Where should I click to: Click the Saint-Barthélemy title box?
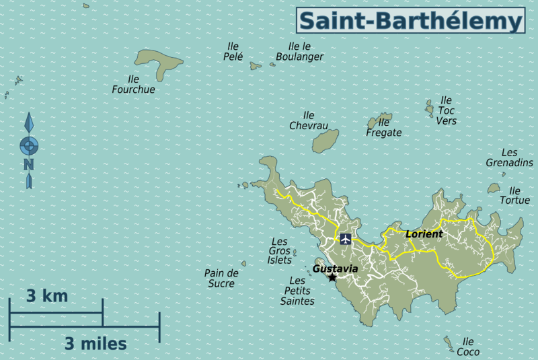click(410, 20)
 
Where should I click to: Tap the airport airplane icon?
click(346, 238)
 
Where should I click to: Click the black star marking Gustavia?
click(332, 277)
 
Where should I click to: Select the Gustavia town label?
click(336, 268)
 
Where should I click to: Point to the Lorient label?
click(424, 234)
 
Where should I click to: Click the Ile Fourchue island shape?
click(159, 65)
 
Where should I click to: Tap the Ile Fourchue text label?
click(133, 84)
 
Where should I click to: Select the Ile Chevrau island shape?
click(325, 141)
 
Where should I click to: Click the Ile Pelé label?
click(233, 52)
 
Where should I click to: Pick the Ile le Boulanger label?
click(299, 52)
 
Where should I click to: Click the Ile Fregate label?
click(384, 127)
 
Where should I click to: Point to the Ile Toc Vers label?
click(446, 110)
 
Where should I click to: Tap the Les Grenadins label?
click(509, 158)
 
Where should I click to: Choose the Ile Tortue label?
click(514, 195)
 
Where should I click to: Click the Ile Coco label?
click(468, 347)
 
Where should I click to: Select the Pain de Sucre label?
click(221, 278)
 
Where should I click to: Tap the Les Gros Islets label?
click(280, 250)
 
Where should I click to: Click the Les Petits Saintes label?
click(297, 291)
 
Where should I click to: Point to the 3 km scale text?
click(47, 295)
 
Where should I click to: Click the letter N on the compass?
click(28, 164)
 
